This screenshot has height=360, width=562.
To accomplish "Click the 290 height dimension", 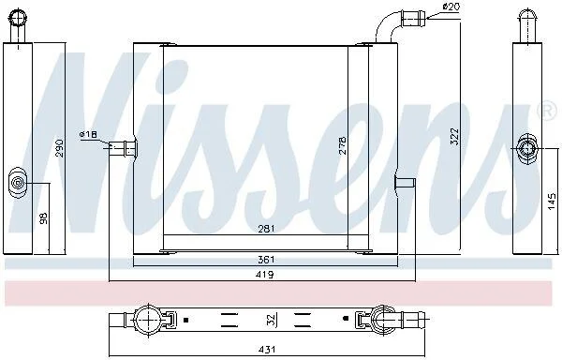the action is click(x=60, y=148).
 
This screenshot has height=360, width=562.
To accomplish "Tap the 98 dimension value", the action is click(x=43, y=218).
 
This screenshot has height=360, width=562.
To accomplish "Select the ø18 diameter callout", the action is click(x=88, y=134).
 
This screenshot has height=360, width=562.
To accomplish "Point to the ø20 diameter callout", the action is click(x=451, y=7).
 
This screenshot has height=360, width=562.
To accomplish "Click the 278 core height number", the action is click(x=343, y=145).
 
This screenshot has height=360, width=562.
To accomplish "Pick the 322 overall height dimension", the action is click(x=454, y=136).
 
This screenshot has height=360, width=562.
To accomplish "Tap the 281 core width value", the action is click(x=266, y=229).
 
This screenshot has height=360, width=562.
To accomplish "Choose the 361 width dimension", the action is click(x=266, y=260).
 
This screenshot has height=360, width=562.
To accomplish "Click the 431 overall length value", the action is click(x=267, y=349).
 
